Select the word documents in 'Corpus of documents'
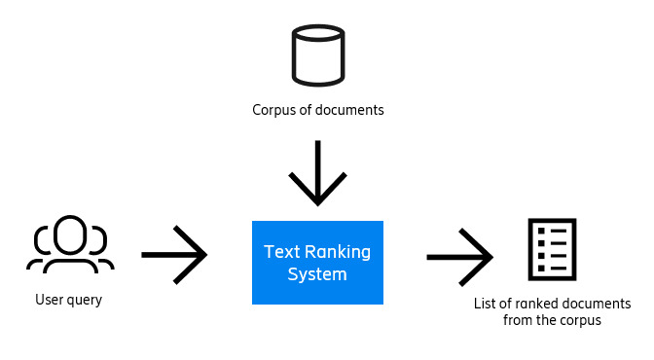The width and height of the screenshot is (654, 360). pyautogui.click(x=352, y=110)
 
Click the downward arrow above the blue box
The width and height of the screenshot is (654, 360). pyautogui.click(x=318, y=173)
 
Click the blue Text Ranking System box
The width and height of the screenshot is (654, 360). pyautogui.click(x=317, y=263)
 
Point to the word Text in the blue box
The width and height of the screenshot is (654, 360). pyautogui.click(x=280, y=252)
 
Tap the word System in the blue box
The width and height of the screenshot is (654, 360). pyautogui.click(x=317, y=274)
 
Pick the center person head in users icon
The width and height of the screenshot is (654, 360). pyautogui.click(x=70, y=234)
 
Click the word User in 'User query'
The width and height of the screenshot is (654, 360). pyautogui.click(x=49, y=300)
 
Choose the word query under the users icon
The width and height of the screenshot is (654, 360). pyautogui.click(x=84, y=301)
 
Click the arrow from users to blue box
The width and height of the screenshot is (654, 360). pyautogui.click(x=174, y=255)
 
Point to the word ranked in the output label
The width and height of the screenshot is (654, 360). pyautogui.click(x=534, y=304)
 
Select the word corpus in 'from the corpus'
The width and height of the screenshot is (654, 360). pyautogui.click(x=580, y=320)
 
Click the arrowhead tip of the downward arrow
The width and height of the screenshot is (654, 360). pyautogui.click(x=318, y=202)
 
